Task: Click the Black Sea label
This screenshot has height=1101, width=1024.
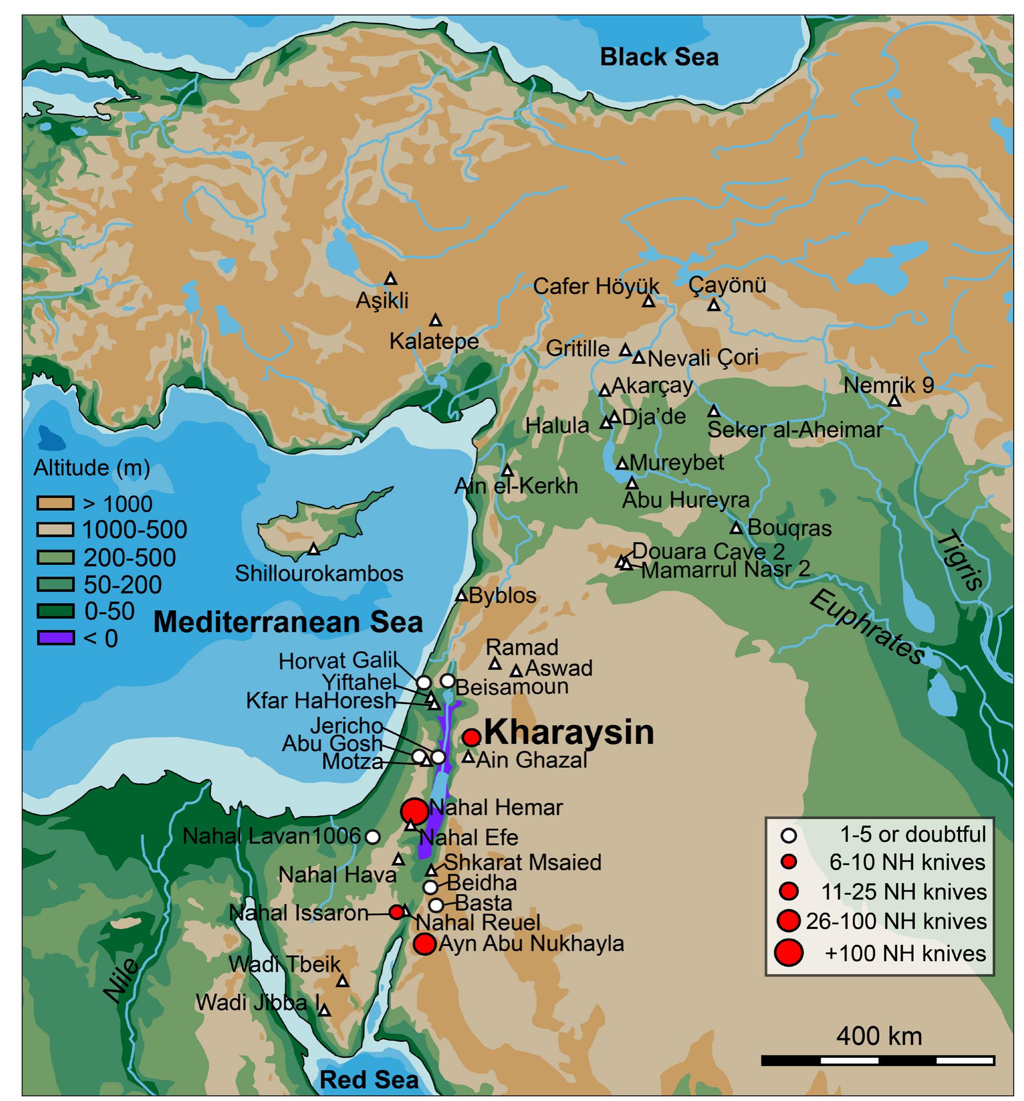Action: coord(659,57)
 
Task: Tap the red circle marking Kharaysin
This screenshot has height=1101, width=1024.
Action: coord(471,737)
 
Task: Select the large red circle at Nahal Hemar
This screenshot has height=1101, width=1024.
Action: coord(414,811)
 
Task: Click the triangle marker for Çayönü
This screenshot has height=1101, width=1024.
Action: coord(714,305)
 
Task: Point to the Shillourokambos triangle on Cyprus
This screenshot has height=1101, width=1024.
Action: coord(313,549)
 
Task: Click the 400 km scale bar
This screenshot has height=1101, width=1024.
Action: coord(878,1061)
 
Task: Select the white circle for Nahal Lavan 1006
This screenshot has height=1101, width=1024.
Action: coord(373,836)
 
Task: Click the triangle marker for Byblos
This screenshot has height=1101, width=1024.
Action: coord(461,596)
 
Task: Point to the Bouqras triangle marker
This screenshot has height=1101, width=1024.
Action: coord(735,528)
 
